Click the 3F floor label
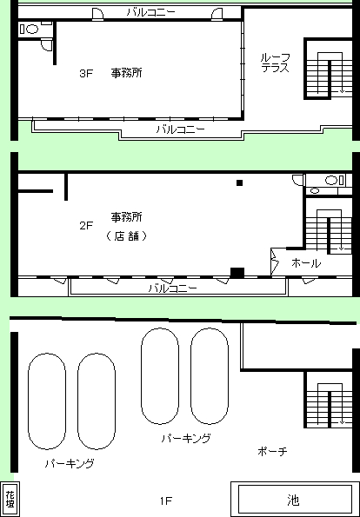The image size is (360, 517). coord(86,73)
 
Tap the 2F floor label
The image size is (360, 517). coord(86,226)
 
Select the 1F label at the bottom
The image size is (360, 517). coord(166,501)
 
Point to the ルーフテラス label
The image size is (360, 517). coord(276,63)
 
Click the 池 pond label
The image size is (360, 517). coord(293,500)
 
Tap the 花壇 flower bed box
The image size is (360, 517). coord(10,499)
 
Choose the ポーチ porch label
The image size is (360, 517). coord(272,451)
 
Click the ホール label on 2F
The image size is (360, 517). coord(306,263)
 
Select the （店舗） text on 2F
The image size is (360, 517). coord(127,236)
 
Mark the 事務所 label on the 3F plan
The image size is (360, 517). coord(127,73)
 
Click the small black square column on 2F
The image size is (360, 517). coord(239,182)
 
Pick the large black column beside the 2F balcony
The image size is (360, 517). coord(237,273)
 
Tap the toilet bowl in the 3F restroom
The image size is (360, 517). coord(32,30)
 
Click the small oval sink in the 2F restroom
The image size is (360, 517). coord(315,190)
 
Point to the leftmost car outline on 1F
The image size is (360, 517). coord(47,401)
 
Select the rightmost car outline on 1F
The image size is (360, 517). coord(210,376)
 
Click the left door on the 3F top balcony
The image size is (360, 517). coord(97,15)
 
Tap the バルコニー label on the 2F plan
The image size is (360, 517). coord(173,288)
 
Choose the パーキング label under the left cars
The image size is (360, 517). coord(70,463)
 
